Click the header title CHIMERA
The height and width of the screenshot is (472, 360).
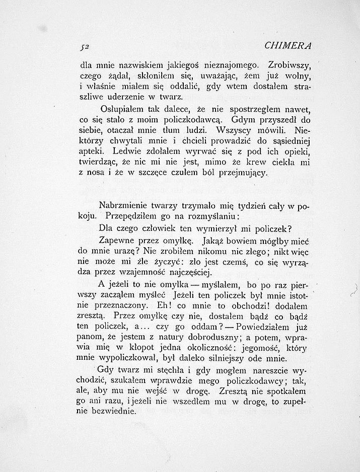click(x=288, y=46)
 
